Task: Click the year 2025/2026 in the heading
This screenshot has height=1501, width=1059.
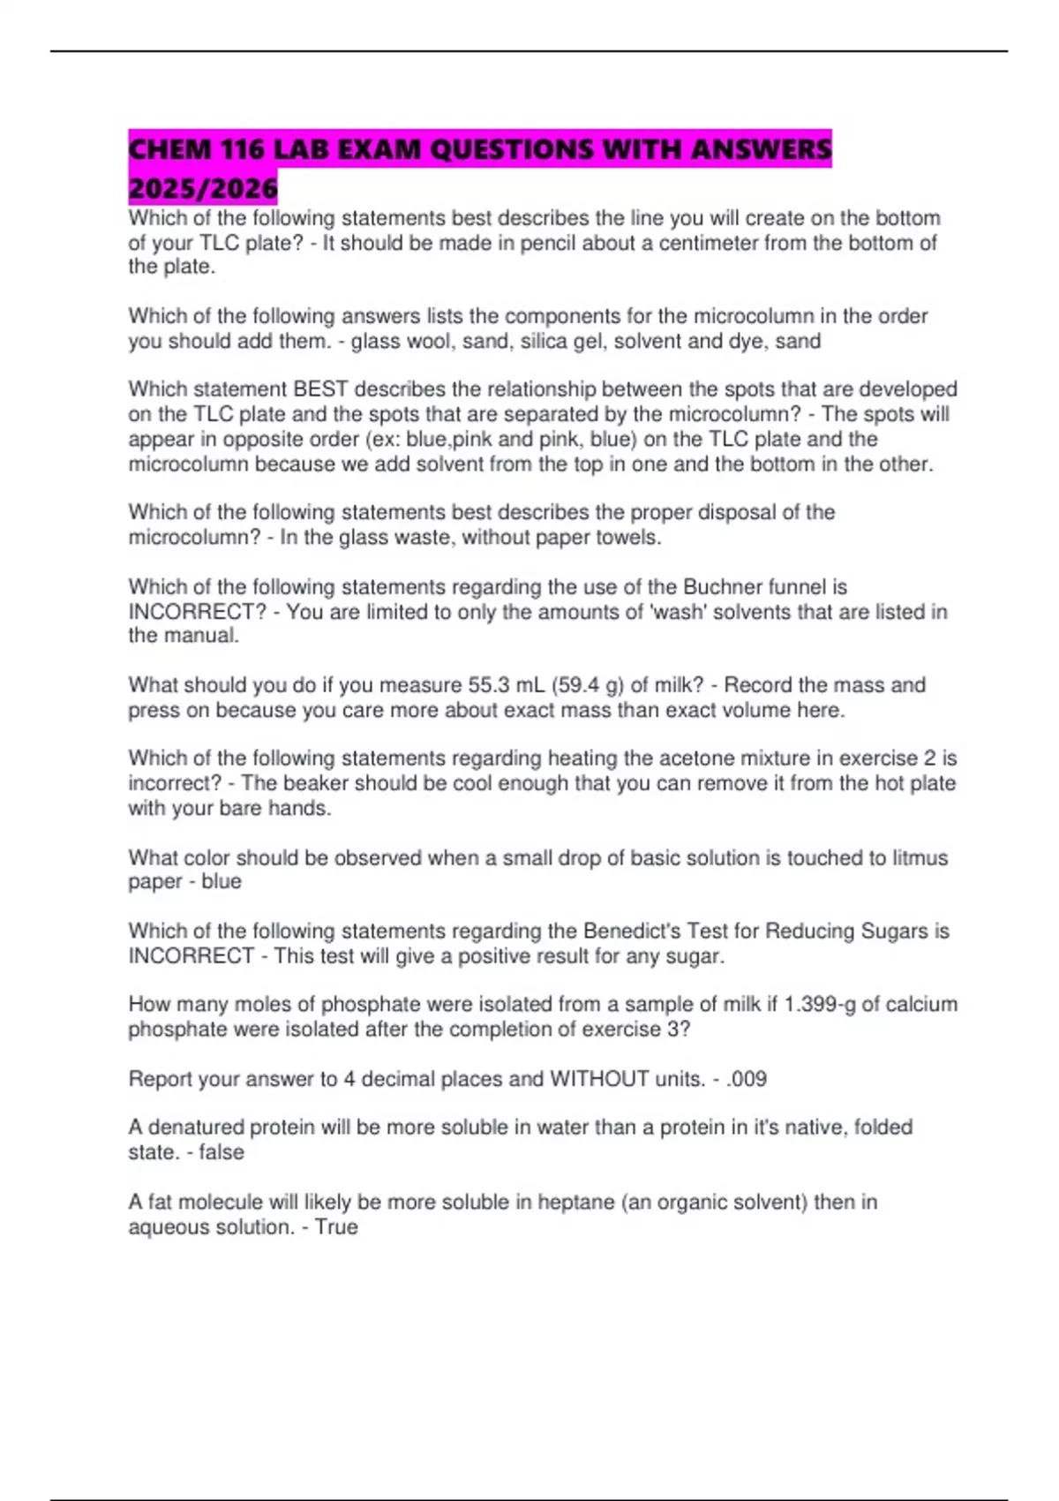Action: coord(203,188)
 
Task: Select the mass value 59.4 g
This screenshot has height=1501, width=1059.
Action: coord(583,685)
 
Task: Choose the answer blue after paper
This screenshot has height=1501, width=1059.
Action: coord(222,881)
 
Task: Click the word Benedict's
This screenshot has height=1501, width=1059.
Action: coord(631,932)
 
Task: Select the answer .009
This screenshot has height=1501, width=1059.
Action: coord(746,1079)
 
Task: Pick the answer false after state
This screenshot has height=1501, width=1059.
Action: coord(222,1152)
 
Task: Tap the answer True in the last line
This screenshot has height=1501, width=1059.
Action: coord(336,1227)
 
